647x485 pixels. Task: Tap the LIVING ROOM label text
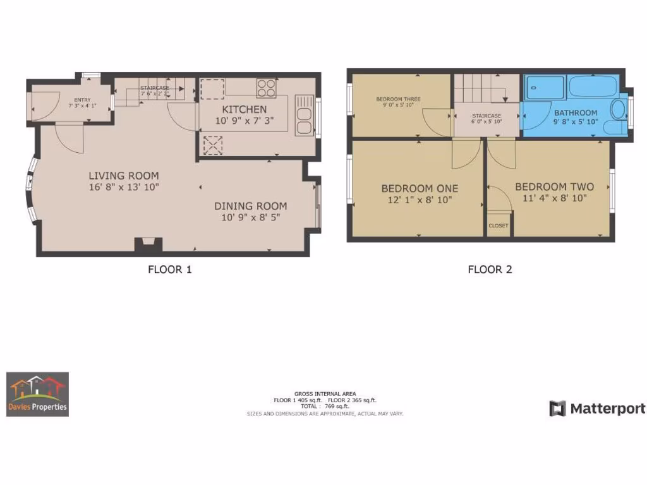tap(123, 176)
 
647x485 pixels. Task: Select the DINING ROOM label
tap(250, 206)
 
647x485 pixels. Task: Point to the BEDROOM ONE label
tap(420, 188)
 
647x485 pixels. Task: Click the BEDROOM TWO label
tap(554, 187)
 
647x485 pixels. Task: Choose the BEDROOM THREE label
tap(398, 99)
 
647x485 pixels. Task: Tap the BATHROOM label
tap(575, 113)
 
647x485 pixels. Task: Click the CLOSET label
tap(499, 225)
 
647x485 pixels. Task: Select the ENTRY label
tap(82, 100)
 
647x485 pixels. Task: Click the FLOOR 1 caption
tap(169, 270)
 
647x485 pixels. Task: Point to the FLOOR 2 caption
tap(490, 270)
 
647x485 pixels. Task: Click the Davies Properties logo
tap(37, 394)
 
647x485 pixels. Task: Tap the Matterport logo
tap(597, 409)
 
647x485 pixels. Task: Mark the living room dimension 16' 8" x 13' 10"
tap(124, 187)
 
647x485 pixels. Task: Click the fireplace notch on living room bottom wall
tap(149, 243)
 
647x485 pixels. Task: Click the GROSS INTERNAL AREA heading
tap(324, 393)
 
